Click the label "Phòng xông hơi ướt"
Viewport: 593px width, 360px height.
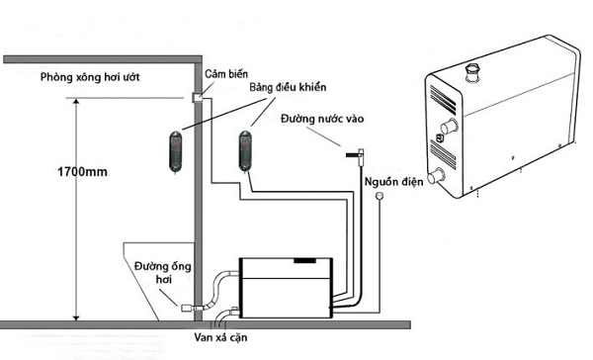(90, 77)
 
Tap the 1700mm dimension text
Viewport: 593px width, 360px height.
(82, 172)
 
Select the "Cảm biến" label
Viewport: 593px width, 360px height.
(226, 74)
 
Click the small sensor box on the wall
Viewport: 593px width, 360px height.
(198, 98)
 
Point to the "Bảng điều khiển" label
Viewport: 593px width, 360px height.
(288, 87)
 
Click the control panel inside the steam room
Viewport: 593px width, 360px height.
(176, 151)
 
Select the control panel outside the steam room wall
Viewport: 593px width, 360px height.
(245, 151)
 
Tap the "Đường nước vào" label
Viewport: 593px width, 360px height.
(322, 119)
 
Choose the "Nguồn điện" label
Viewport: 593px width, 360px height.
(393, 182)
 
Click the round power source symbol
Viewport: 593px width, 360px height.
(380, 196)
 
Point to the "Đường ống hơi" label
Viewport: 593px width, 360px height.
(163, 273)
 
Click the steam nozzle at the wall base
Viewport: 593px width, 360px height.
(188, 308)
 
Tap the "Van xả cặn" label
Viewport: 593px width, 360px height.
(220, 337)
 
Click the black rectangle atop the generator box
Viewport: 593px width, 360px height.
(304, 260)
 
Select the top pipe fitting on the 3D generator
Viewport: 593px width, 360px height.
(472, 73)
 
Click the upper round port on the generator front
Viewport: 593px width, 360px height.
(450, 127)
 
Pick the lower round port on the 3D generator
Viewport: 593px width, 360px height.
(436, 176)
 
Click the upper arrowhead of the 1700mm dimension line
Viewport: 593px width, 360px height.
(76, 102)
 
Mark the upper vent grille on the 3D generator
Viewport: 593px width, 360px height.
(443, 100)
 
